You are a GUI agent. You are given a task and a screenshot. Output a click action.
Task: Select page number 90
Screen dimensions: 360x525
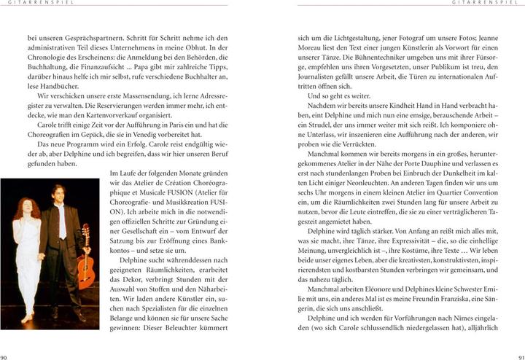click(4, 356)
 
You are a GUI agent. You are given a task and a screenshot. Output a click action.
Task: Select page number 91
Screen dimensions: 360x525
click(520, 356)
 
